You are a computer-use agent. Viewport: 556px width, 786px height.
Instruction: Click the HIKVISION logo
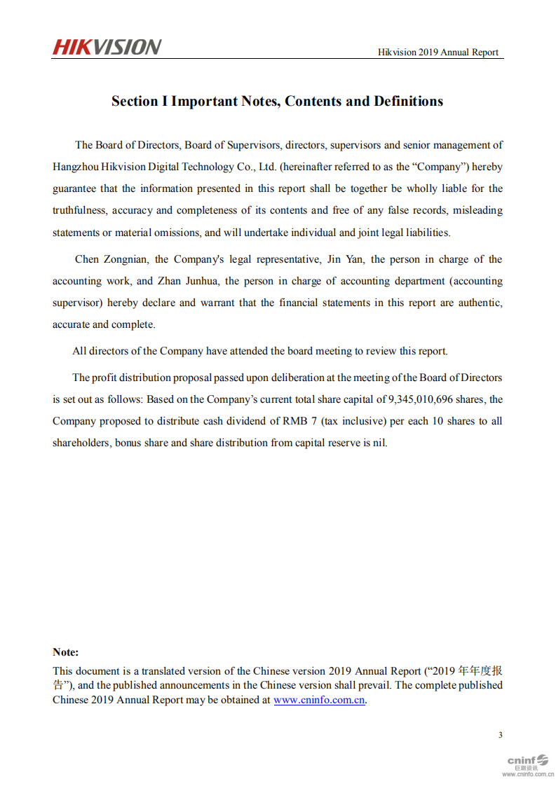tap(107, 47)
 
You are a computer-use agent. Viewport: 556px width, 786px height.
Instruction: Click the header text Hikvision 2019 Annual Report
tap(438, 53)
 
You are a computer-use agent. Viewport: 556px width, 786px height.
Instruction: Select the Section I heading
tap(277, 101)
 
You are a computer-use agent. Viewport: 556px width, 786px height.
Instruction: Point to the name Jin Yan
tap(345, 259)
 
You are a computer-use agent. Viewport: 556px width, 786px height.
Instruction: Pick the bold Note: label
tap(66, 652)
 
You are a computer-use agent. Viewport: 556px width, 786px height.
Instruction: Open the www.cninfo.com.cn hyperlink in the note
tap(319, 700)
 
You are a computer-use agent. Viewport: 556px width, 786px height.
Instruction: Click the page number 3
tap(500, 735)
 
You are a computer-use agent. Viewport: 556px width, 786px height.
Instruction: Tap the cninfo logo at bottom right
tap(527, 761)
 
